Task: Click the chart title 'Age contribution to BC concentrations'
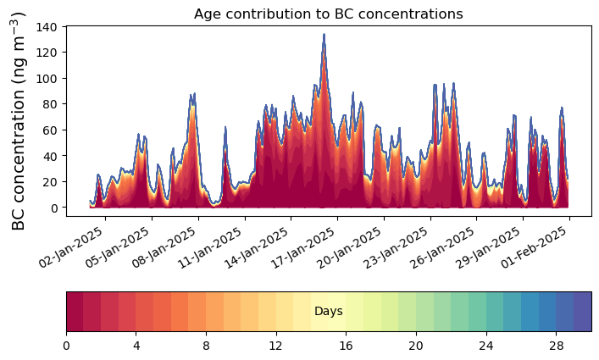pos(328,14)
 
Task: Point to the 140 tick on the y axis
pos(47,27)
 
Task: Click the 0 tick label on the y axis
pos(53,208)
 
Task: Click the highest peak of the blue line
pos(324,35)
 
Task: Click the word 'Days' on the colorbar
pos(328,312)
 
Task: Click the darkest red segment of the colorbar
pos(75,312)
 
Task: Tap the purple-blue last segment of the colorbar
pos(582,312)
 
